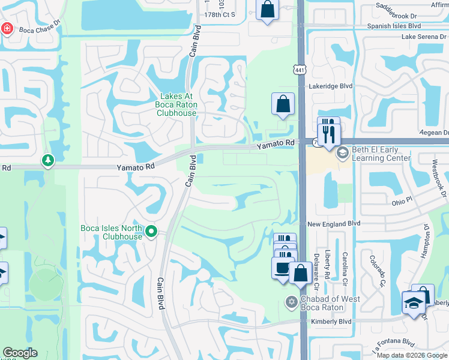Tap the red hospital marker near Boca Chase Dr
[7, 28]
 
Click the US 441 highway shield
[300, 70]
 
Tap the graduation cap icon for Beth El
[342, 152]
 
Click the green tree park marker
[47, 161]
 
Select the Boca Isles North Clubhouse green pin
[151, 230]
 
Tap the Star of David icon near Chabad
[292, 301]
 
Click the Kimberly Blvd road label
[331, 322]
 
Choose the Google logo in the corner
[20, 353]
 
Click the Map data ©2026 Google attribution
[412, 355]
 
